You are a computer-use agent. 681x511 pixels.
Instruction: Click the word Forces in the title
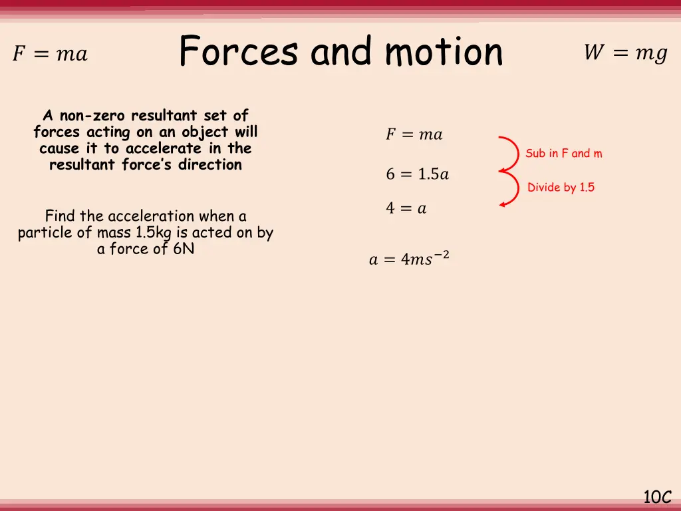point(238,52)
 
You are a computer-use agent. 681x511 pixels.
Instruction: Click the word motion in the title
point(444,52)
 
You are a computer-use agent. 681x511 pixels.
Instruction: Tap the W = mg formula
point(625,53)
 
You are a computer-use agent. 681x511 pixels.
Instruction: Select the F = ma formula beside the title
point(50,54)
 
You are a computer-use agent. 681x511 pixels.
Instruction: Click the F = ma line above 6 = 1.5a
point(414,134)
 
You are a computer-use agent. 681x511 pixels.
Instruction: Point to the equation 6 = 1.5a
point(417,174)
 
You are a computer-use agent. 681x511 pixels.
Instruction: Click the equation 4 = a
point(406,208)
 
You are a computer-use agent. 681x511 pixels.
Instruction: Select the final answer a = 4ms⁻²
point(409,259)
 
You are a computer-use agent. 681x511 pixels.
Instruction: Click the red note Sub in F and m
point(563,154)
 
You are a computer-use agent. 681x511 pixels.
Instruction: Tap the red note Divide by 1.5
point(561,188)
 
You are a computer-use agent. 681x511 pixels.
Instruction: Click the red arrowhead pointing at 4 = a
point(503,204)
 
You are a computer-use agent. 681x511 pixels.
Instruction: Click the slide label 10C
point(657,496)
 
